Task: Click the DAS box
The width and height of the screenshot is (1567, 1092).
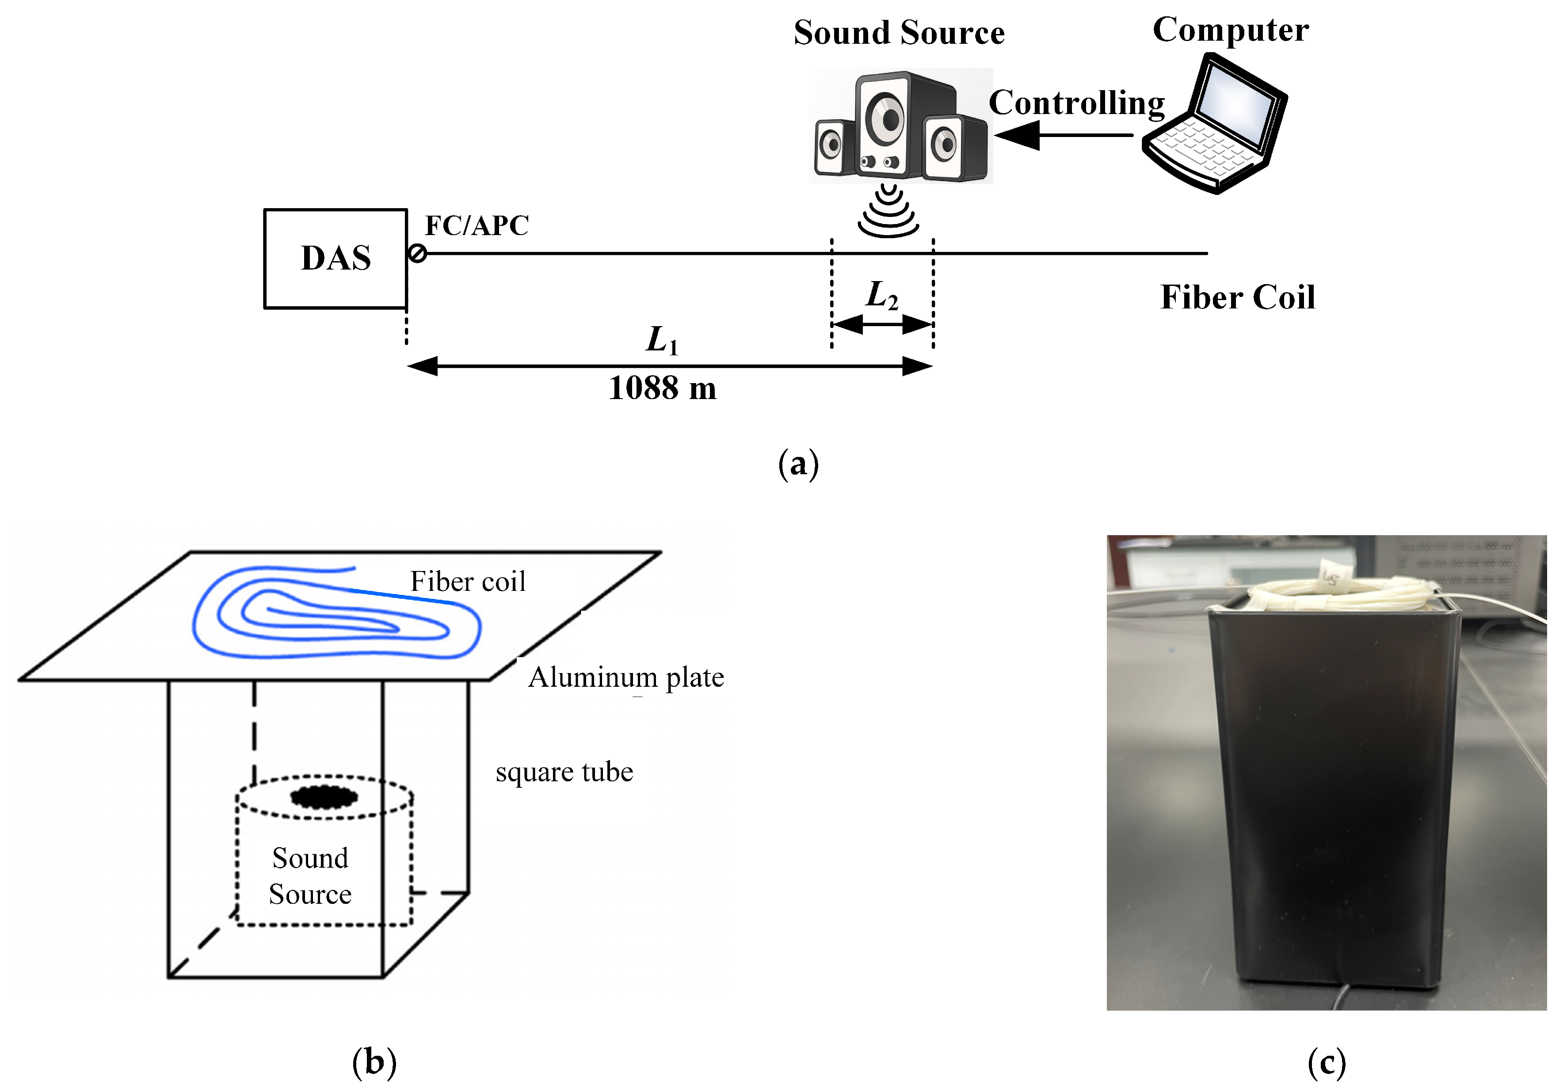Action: click(336, 259)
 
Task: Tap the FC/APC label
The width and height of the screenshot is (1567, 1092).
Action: click(477, 226)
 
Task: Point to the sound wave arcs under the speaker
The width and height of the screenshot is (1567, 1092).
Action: click(888, 212)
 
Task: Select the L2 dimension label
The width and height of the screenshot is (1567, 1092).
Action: click(882, 296)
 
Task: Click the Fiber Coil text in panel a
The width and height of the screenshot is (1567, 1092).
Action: click(1237, 297)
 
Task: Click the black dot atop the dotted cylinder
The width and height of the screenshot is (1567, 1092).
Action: click(324, 796)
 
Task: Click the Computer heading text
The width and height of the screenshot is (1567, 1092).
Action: click(1231, 30)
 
